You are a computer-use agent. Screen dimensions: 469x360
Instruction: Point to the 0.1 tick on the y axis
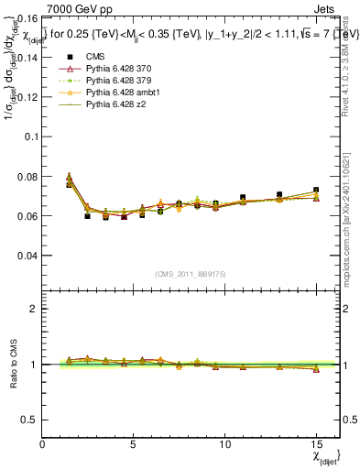[30, 136]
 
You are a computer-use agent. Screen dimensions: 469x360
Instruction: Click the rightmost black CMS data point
[316, 191]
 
